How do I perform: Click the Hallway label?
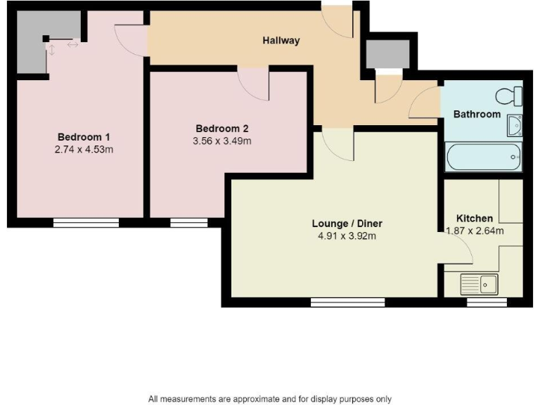pos(281,41)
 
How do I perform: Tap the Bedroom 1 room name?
pos(84,136)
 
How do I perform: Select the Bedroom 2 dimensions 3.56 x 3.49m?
pos(222,141)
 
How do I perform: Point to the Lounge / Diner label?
pos(347,224)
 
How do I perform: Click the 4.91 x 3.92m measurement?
pos(347,236)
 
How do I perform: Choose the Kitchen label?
pos(475,218)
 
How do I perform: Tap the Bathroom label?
pos(477,114)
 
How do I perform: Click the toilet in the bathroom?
pos(510,96)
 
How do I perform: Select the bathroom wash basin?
pos(514,126)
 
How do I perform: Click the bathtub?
pos(484,157)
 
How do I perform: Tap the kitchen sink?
pos(479,285)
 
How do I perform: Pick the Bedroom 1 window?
pos(86,223)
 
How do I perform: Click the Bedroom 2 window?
pos(188,223)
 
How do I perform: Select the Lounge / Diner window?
pos(347,302)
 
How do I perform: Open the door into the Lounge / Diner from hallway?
pos(337,145)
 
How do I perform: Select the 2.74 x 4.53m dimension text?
pos(84,149)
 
